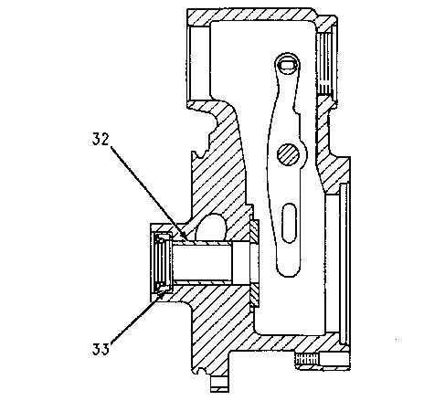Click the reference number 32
pyautogui.click(x=101, y=139)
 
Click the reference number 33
pyautogui.click(x=101, y=349)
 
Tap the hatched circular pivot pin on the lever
pyautogui.click(x=288, y=154)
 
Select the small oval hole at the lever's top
pyautogui.click(x=288, y=65)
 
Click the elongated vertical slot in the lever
pyautogui.click(x=289, y=223)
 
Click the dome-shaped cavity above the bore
pyautogui.click(x=211, y=227)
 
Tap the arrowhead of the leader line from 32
pyautogui.click(x=185, y=237)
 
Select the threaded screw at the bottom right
pyautogui.click(x=307, y=360)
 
